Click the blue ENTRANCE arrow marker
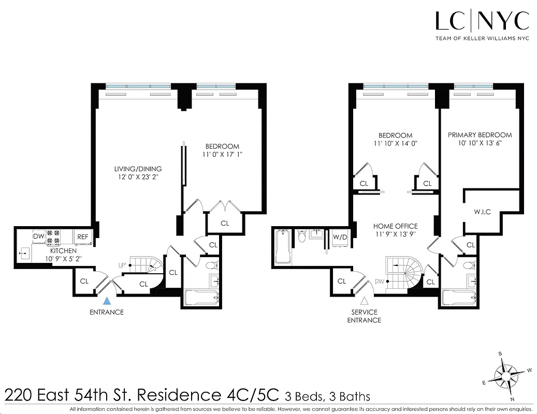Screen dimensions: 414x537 [x=107, y=300]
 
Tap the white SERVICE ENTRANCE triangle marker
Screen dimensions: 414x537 [x=364, y=301]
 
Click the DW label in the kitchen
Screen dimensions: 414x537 [x=39, y=236]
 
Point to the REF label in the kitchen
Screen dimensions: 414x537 [x=83, y=237]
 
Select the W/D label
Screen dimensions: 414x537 [x=339, y=237]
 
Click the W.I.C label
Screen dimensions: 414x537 [x=482, y=212]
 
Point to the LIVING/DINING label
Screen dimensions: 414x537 [x=138, y=169]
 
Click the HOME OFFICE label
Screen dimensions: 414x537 [x=395, y=226]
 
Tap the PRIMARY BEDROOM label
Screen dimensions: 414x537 [x=480, y=135]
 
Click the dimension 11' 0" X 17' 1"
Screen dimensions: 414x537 [x=222, y=154]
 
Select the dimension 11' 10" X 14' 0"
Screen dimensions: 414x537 [x=395, y=144]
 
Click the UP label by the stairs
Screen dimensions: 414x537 [x=122, y=265]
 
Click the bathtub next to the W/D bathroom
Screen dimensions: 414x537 [x=283, y=247]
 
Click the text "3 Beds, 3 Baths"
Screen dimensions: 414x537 [x=327, y=397]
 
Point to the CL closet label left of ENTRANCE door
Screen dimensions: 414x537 [x=84, y=282]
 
